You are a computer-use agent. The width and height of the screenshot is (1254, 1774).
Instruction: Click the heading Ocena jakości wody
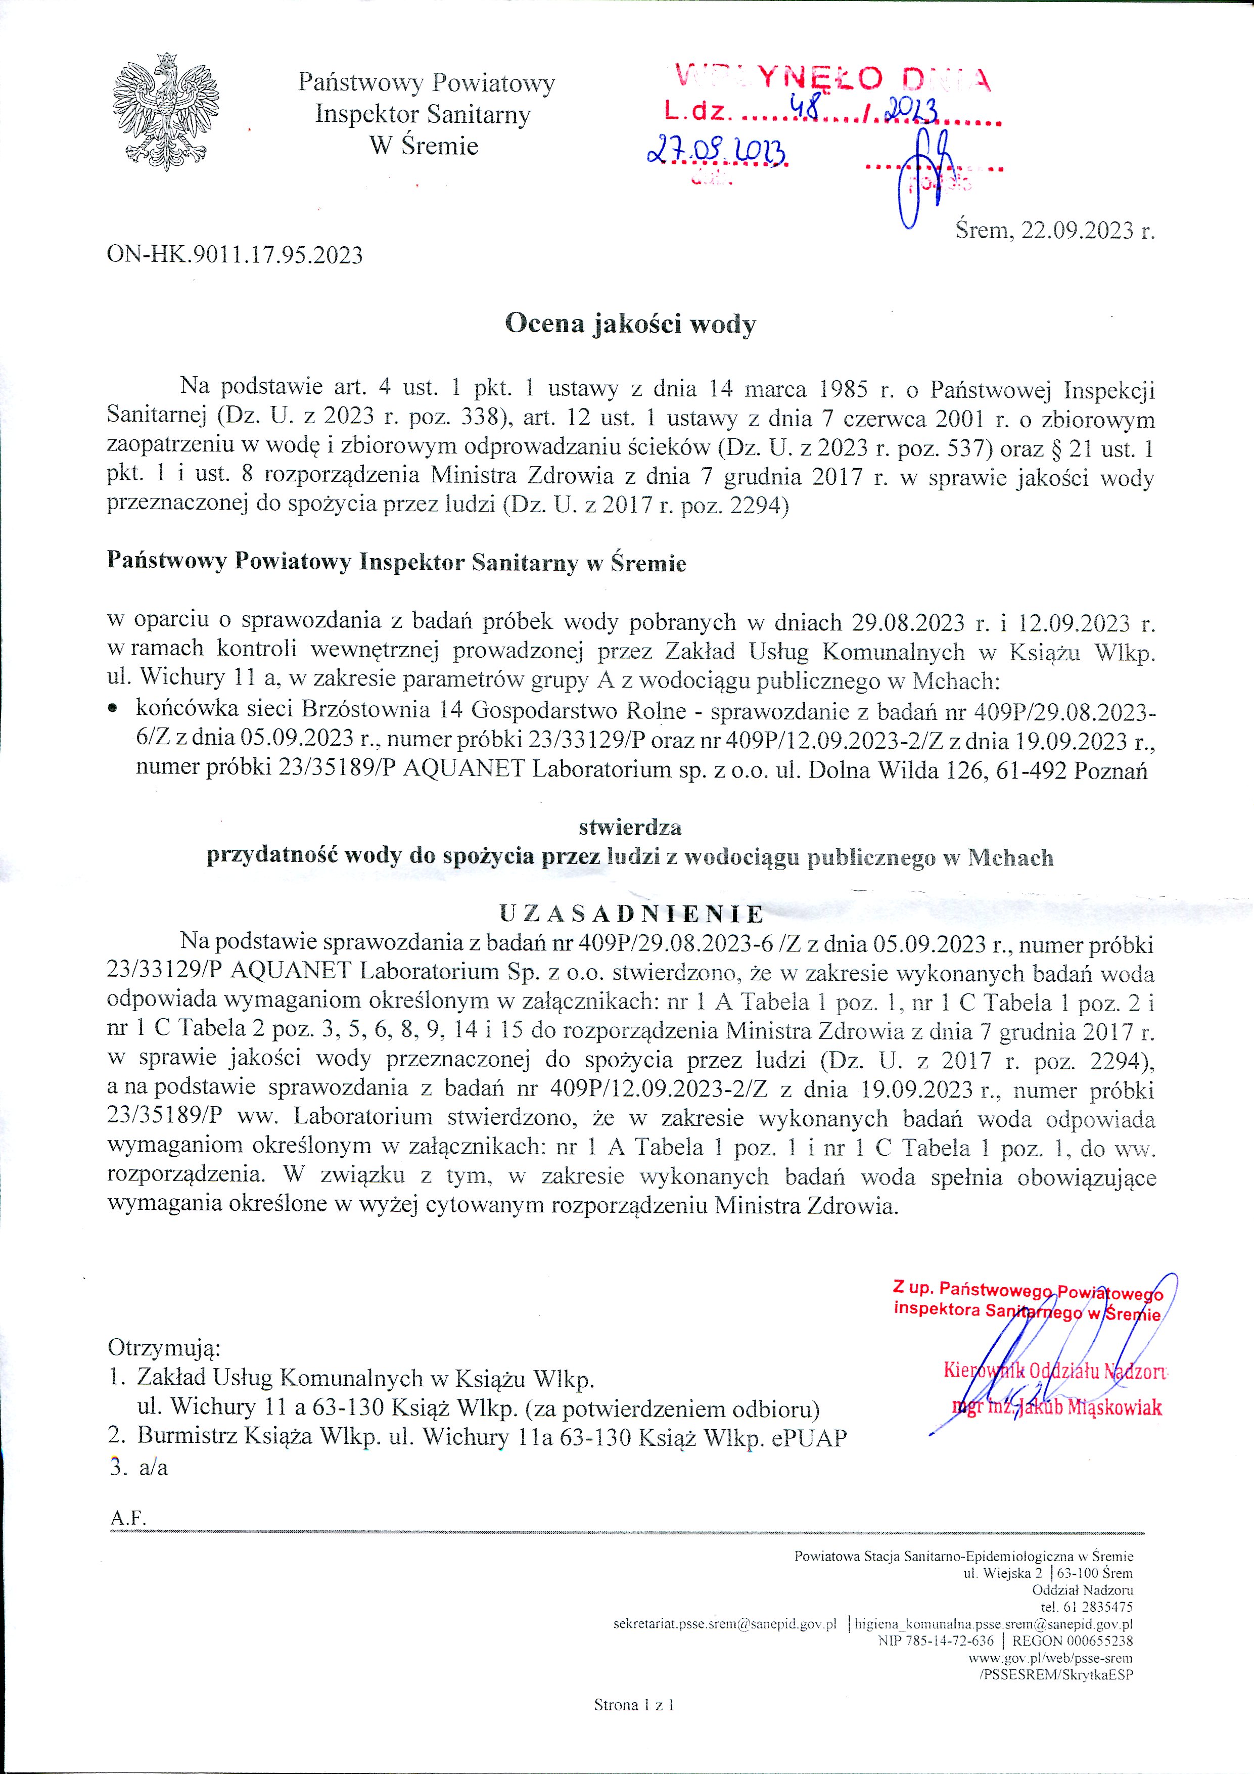pos(630,324)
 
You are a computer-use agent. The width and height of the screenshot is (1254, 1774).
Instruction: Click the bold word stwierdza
pos(630,828)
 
